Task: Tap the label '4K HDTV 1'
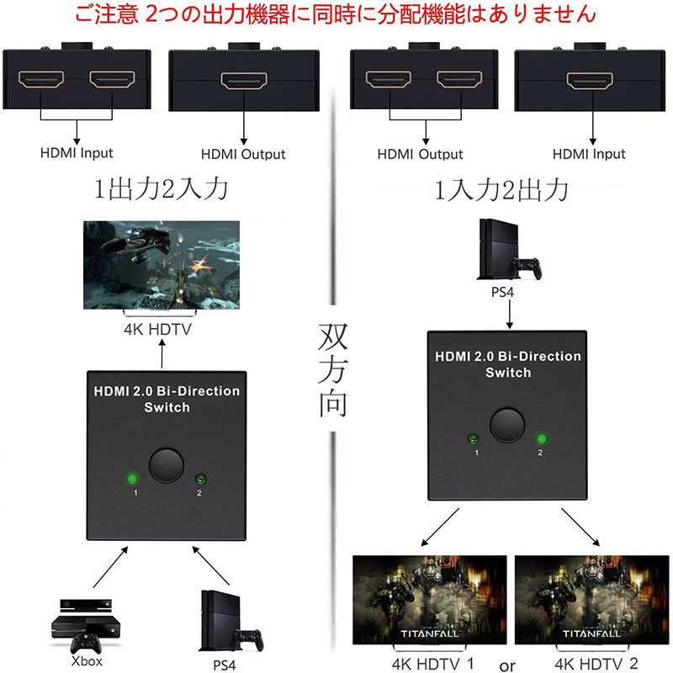[432, 663]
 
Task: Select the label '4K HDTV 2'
[596, 663]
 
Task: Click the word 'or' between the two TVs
[507, 665]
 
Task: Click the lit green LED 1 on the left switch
[132, 479]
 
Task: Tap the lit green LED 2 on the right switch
[542, 438]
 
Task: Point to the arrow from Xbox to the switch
[111, 567]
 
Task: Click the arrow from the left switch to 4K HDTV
[162, 353]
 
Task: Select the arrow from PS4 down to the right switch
[510, 314]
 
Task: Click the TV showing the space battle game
[162, 265]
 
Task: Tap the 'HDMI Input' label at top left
[77, 153]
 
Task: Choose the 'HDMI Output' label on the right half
[420, 154]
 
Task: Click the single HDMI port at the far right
[590, 81]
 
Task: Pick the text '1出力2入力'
[161, 188]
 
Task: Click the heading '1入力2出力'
[501, 190]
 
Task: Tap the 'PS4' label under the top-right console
[502, 292]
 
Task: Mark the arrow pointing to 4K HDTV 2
[580, 527]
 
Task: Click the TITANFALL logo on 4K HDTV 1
[430, 633]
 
